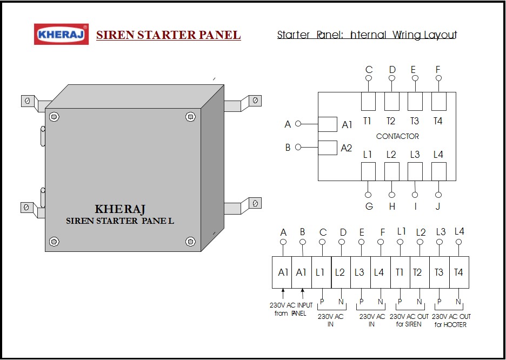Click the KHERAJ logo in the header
coord(61,34)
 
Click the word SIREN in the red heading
coord(116,35)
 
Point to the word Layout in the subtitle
coord(441,35)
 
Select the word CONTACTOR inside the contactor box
coord(397,136)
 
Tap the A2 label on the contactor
coord(347,148)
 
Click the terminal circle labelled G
coord(368,195)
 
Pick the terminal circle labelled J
coord(438,195)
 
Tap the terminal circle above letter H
coord(392,195)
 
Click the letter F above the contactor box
coord(438,70)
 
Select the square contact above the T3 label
coord(415,101)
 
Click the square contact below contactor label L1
coord(368,171)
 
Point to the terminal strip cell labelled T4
coord(459,272)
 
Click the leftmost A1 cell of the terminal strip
coord(282,272)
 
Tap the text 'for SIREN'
coord(409,324)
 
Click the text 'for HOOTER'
coord(450,324)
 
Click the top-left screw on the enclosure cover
coord(54,116)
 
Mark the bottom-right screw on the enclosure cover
coord(190,241)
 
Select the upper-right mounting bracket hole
coord(255,101)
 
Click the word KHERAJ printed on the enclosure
coord(120,209)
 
